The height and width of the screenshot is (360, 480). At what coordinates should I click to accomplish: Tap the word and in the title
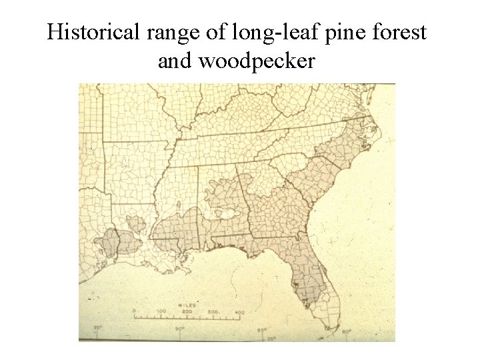(x=172, y=61)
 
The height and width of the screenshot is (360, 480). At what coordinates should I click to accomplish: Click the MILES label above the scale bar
(x=187, y=304)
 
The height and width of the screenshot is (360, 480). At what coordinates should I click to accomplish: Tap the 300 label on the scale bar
(x=213, y=312)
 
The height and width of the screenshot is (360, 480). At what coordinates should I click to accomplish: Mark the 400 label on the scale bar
(x=239, y=312)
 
